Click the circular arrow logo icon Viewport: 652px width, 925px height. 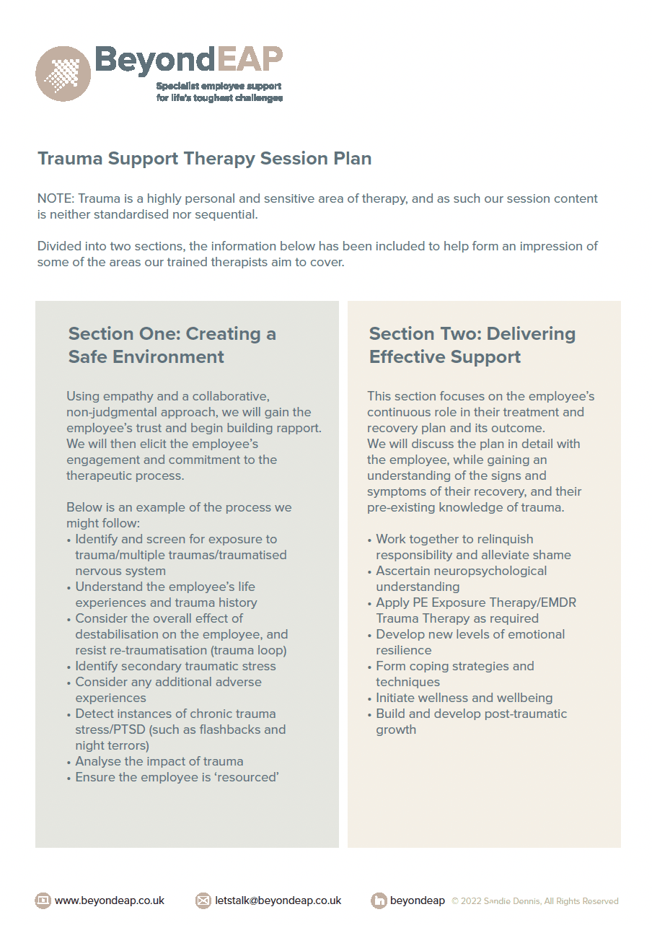63,74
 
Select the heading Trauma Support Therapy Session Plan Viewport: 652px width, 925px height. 204,159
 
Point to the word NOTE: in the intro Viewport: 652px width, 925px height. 56,198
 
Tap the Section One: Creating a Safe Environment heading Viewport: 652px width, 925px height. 172,345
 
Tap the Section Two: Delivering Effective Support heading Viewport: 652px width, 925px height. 472,345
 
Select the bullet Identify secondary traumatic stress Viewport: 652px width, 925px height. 175,666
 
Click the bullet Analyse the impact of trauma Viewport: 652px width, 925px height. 159,761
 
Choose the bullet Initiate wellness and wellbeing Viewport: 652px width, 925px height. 464,698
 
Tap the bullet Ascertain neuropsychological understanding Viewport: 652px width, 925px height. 461,579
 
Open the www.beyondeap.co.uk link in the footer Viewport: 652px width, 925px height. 110,900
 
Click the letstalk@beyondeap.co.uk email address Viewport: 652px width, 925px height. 278,900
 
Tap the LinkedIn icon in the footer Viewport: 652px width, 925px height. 379,900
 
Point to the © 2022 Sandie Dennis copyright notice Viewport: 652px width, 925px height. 534,901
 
